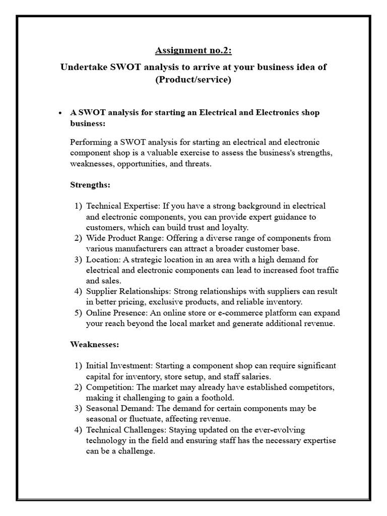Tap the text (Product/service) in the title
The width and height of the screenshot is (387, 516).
pyautogui.click(x=193, y=80)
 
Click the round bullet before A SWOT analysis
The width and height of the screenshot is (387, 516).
pyautogui.click(x=60, y=113)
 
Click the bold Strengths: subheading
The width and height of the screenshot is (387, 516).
pyautogui.click(x=90, y=185)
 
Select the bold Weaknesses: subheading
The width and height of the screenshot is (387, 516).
pyautogui.click(x=94, y=345)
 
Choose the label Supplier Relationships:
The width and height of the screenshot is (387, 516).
pyautogui.click(x=127, y=291)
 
